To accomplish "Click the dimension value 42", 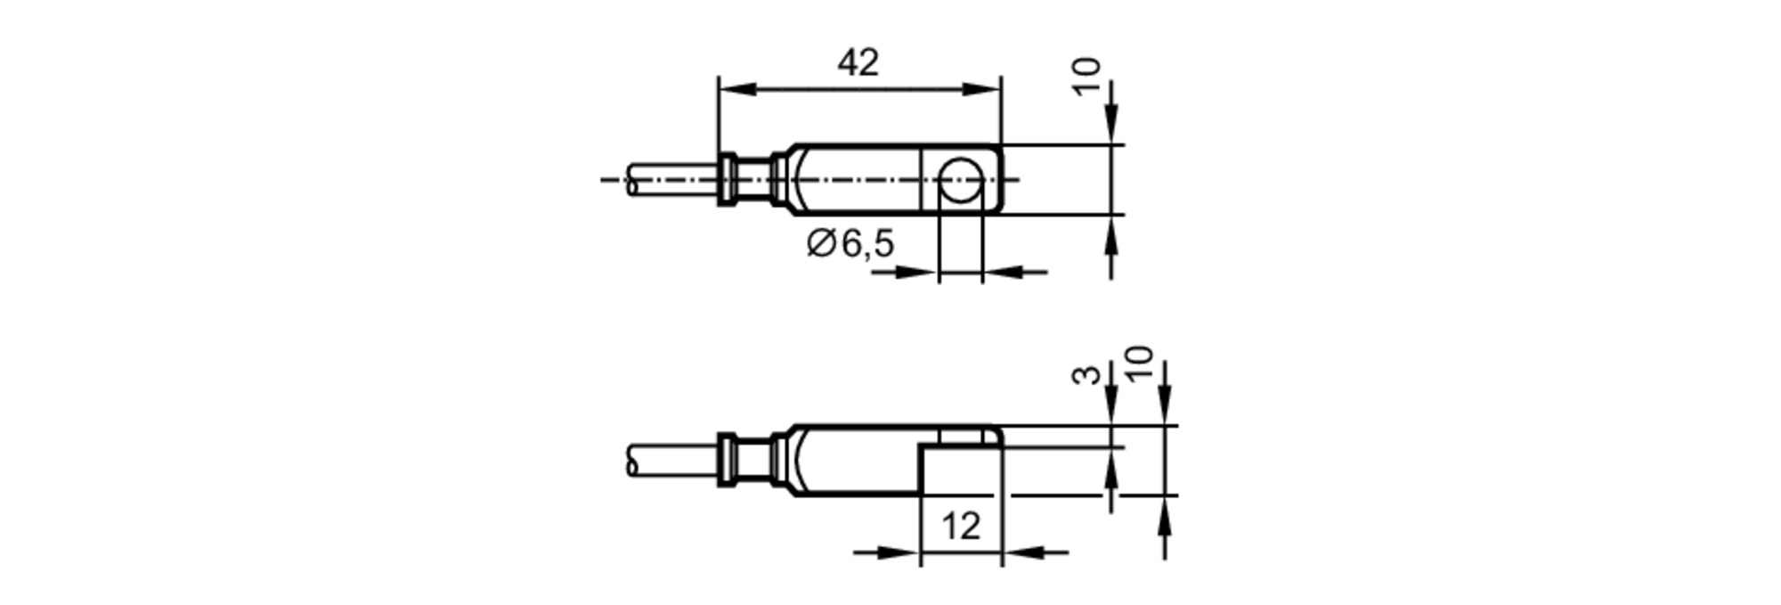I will [x=858, y=63].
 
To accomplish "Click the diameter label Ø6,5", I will [x=850, y=243].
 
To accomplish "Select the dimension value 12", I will [x=960, y=526].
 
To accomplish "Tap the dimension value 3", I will [x=1086, y=374].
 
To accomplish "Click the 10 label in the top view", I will [x=1086, y=78].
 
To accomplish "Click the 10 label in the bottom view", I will [x=1139, y=364].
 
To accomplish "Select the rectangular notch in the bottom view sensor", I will [x=960, y=470].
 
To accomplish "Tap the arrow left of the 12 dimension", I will [x=899, y=552].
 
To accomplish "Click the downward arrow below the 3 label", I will [x=1110, y=405].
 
